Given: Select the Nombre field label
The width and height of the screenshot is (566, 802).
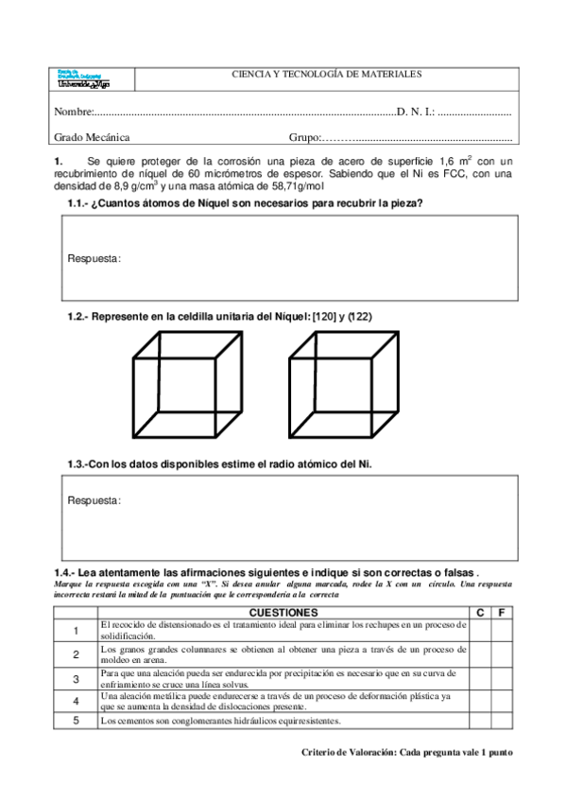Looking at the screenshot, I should (70, 112).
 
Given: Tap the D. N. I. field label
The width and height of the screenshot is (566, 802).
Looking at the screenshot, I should (416, 112).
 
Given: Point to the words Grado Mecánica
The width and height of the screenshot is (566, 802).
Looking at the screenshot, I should (92, 137).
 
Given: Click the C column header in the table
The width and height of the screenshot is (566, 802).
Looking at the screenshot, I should (480, 613).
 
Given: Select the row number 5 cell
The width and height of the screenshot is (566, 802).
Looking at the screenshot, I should (75, 721).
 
